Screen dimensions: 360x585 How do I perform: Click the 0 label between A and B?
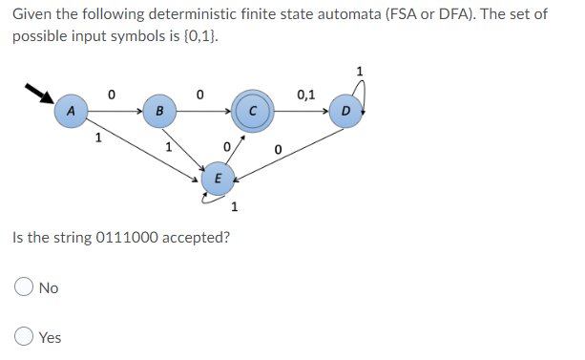click(x=112, y=95)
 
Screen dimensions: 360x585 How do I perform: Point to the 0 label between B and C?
click(x=198, y=95)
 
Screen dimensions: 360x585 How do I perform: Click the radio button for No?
click(x=24, y=287)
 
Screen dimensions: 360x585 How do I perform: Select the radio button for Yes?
click(x=24, y=337)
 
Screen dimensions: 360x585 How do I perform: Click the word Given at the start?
click(x=32, y=14)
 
